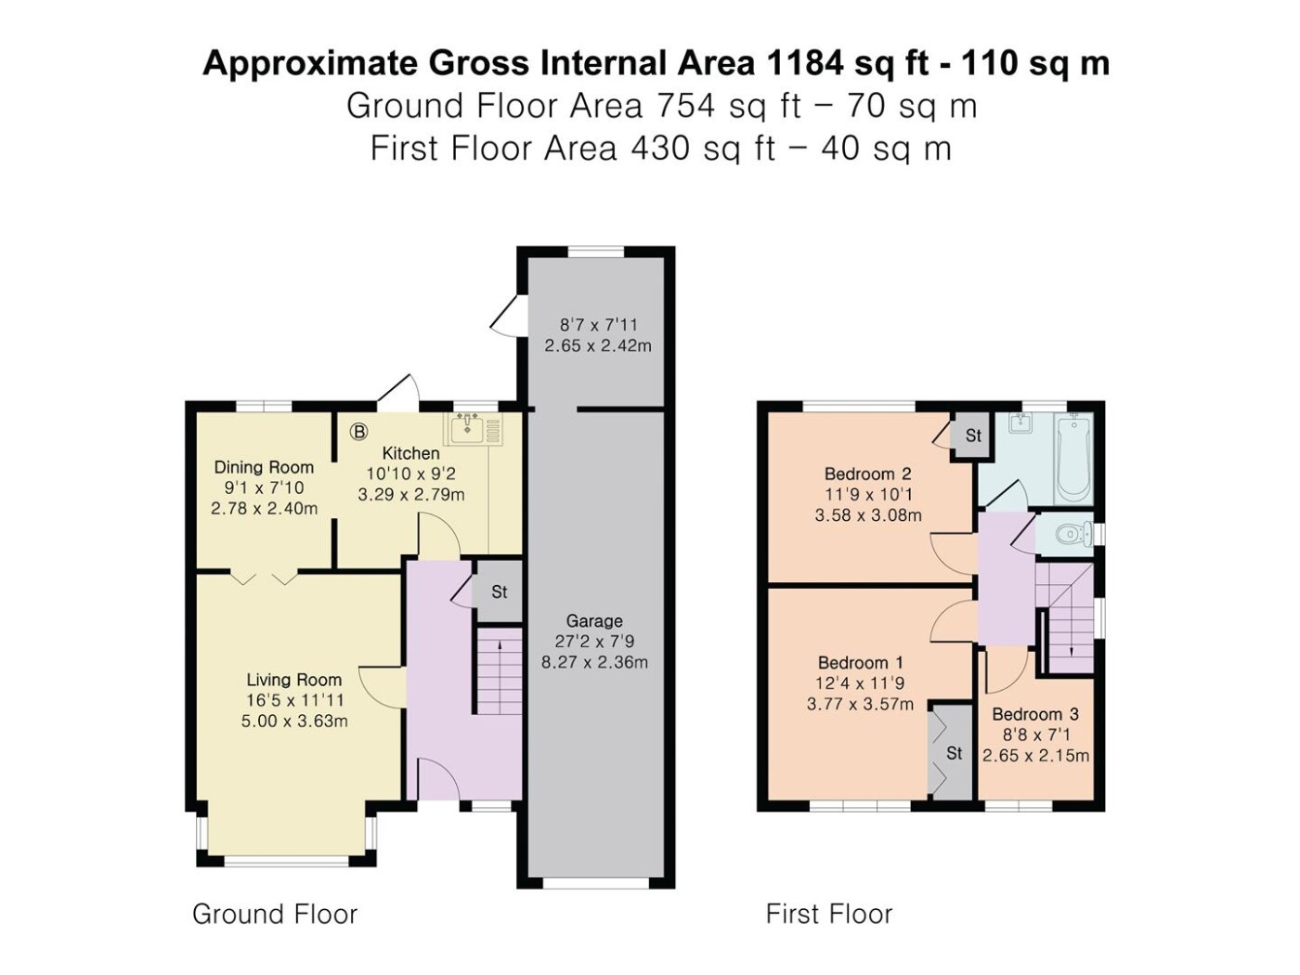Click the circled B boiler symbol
point(358,432)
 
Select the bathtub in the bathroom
point(1072,458)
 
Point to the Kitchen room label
point(411,453)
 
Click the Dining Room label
point(264,468)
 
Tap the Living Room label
point(293,680)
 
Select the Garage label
point(594,621)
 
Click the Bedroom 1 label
point(861,662)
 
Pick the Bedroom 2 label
point(867,474)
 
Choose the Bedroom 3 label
point(1035,714)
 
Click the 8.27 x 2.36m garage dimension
point(594,662)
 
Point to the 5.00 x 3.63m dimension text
point(294,721)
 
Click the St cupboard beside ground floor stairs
point(500,592)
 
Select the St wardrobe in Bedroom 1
point(952,753)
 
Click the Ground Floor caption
point(275,914)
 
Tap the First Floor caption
point(828,914)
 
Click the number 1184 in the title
point(805,63)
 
